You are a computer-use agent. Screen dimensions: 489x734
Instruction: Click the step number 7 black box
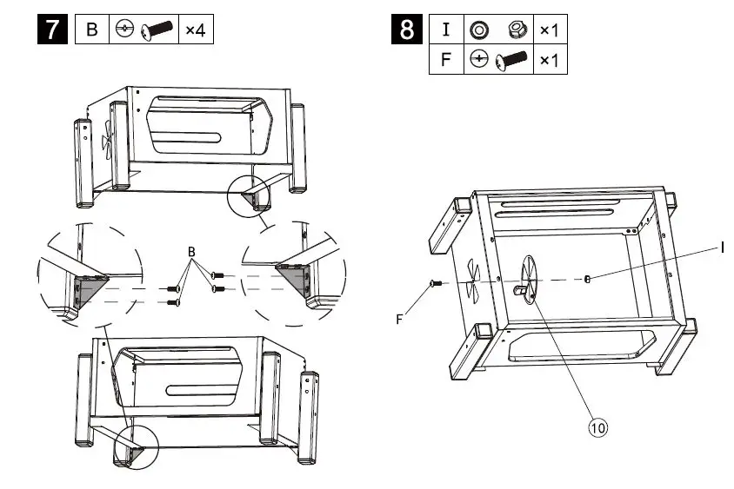coord(54,30)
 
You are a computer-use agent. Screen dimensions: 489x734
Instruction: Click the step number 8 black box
coord(406,30)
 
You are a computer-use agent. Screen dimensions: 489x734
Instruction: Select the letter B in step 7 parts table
coord(92,30)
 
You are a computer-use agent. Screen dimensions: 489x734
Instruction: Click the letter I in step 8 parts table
coord(446,30)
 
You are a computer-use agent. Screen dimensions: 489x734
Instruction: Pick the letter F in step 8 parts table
coord(446,60)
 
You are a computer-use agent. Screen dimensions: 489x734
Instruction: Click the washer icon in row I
coord(478,30)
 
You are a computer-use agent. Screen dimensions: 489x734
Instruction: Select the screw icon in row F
coord(512,61)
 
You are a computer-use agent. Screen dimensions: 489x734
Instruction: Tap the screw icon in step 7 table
coord(157,30)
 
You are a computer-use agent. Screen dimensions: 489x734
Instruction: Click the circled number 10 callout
coord(597,426)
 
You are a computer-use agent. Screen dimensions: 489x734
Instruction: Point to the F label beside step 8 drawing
coord(399,319)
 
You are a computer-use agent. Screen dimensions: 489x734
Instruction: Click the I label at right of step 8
coord(723,248)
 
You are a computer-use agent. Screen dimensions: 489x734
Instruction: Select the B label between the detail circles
coord(192,252)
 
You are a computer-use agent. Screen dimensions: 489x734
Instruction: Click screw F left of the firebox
coord(437,283)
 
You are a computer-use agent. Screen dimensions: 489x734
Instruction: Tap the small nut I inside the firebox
coord(589,279)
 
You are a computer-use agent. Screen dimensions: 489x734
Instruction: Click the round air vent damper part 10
coord(529,278)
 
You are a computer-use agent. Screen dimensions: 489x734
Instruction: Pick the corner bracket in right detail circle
coord(293,275)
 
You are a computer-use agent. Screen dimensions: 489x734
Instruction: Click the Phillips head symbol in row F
coord(477,60)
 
